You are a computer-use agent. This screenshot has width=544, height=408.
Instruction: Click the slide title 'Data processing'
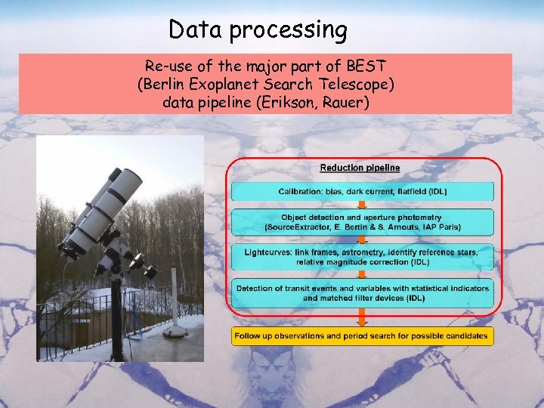click(x=258, y=30)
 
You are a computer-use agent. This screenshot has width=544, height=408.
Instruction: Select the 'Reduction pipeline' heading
click(x=360, y=168)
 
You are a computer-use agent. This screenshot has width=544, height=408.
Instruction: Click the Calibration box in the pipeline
click(x=363, y=191)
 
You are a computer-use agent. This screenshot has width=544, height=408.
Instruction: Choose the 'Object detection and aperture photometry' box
click(x=363, y=222)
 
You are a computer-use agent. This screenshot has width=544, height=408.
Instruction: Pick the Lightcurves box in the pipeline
click(x=363, y=257)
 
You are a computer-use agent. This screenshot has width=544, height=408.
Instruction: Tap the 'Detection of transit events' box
click(x=363, y=293)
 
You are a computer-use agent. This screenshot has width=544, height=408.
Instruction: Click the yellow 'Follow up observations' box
click(x=363, y=335)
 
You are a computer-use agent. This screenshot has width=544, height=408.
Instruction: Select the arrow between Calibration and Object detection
click(x=363, y=205)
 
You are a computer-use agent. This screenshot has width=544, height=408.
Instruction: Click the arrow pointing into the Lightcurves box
click(x=363, y=240)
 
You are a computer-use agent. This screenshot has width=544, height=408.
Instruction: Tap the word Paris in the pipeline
click(x=447, y=227)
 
